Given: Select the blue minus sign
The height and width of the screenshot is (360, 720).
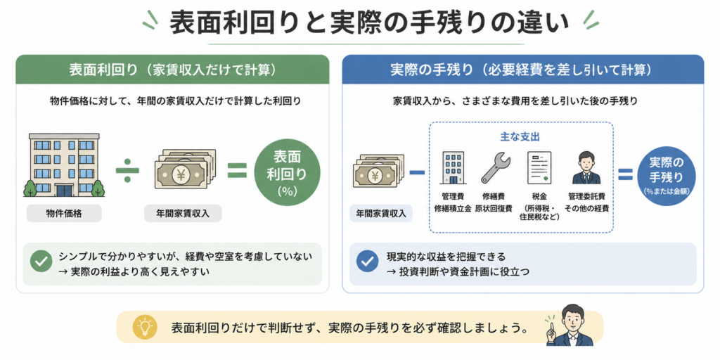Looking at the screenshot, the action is pos(417,172).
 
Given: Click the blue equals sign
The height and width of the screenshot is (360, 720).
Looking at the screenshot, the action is pos(625,174).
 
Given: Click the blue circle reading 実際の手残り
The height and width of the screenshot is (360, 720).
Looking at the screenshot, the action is pos(667,176).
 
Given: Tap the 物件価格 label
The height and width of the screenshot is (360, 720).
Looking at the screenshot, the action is pos(64,214).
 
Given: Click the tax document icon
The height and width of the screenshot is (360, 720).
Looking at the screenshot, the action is pos(539,168).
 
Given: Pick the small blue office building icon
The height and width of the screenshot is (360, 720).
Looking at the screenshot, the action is pos(453,168).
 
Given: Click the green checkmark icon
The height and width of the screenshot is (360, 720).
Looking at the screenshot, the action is pos(40,261).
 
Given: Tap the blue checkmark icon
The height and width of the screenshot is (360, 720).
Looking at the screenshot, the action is pos(367,261).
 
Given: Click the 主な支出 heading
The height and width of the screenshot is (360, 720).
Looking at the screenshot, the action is pos(520,137).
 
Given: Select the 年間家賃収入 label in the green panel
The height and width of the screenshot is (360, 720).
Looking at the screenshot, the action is pos(183,214).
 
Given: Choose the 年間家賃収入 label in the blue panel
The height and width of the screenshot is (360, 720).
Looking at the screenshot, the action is pos(380,214).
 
